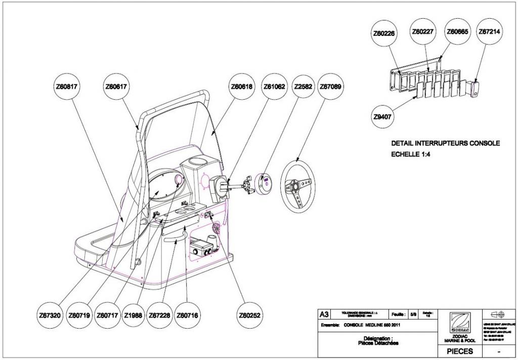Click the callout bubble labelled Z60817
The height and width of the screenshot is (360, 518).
66,87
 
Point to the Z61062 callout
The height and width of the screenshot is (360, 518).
274,87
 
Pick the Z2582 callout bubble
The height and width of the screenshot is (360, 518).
303,87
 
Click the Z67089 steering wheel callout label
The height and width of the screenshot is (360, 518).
331,87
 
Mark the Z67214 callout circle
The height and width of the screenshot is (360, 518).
489,31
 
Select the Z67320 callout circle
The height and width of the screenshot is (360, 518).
49,315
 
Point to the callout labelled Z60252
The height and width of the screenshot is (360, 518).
249,315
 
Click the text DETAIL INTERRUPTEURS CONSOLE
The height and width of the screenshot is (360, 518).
445,143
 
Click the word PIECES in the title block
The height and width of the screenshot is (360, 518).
460,351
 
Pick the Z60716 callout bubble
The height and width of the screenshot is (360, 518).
188,315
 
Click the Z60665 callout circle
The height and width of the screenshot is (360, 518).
457,31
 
